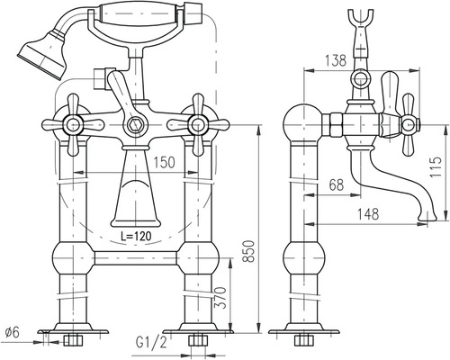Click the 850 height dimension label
tap(248, 251)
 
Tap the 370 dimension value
tap(221, 298)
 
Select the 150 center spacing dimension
tap(164, 162)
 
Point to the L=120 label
tap(136, 236)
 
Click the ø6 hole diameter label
tap(12, 332)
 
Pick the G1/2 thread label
tap(151, 343)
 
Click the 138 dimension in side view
tap(336, 60)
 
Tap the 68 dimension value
tap(336, 184)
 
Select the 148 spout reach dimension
tap(368, 214)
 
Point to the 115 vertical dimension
tap(436, 166)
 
